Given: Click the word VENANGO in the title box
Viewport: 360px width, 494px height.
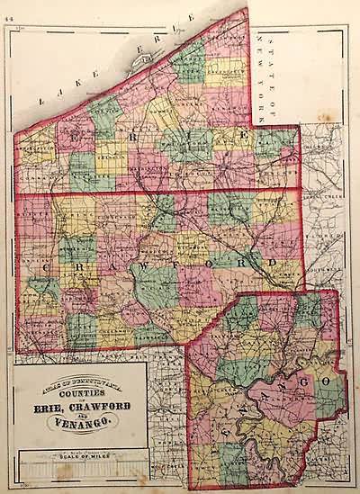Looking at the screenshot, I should [x=81, y=422].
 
